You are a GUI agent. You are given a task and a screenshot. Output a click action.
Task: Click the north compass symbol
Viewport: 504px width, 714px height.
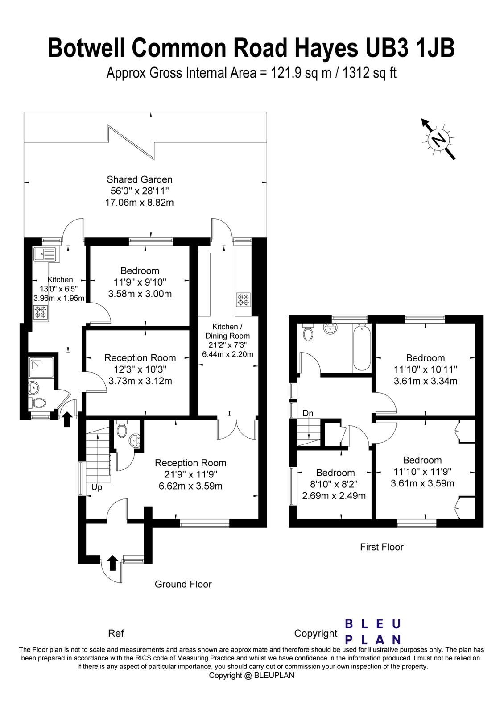439,140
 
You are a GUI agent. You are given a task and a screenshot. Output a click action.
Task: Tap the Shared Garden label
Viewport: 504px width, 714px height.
140,179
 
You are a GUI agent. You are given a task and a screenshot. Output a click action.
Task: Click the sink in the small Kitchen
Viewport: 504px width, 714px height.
44,254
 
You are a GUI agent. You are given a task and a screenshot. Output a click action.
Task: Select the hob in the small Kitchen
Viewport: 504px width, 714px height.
41,311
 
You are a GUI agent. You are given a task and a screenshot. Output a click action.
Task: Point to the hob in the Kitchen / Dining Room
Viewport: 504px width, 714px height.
244,299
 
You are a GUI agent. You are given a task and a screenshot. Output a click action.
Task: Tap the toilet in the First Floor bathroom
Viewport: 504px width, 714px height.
308,332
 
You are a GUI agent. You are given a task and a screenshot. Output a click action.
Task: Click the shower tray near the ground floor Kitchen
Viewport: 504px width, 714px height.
41,367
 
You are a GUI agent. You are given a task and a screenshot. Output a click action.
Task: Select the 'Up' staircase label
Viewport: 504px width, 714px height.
97,487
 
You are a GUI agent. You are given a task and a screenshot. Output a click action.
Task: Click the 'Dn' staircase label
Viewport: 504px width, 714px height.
308,413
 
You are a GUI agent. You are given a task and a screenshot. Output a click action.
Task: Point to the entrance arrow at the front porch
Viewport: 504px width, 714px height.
112,563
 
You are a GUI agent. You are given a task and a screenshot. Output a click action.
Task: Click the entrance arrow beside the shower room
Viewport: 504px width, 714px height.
67,419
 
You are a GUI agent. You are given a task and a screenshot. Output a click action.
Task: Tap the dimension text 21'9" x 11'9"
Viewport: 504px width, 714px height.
190,474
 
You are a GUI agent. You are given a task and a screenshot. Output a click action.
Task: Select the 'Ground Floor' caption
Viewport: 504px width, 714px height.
183,584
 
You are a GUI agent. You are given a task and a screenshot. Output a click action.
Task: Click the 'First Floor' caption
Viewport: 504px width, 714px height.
381,547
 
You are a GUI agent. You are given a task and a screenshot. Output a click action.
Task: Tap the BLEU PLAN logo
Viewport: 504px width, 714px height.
373,631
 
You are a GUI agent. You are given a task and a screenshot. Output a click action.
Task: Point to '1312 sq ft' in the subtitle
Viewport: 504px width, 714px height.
369,72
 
